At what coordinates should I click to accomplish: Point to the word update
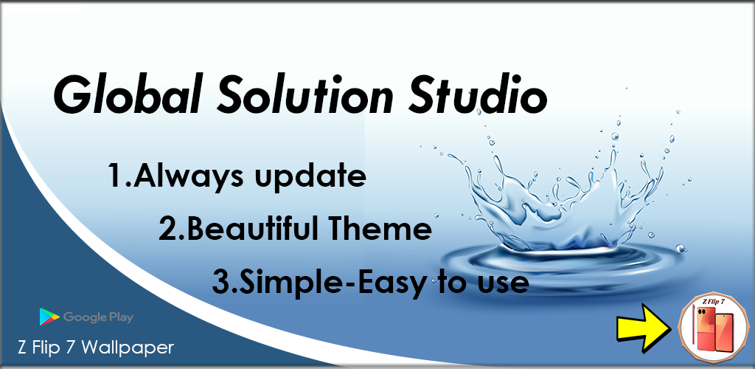pos(310,177)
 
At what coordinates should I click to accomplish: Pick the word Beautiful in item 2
pos(250,230)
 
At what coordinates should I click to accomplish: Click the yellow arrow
pos(643,332)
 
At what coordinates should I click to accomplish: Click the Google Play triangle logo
pos(49,317)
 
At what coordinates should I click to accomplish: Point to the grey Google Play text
pos(98,317)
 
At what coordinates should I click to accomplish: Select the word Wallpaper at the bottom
pos(128,348)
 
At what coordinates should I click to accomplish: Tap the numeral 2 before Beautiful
pos(168,230)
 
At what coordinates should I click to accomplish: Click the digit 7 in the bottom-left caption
pos(69,348)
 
